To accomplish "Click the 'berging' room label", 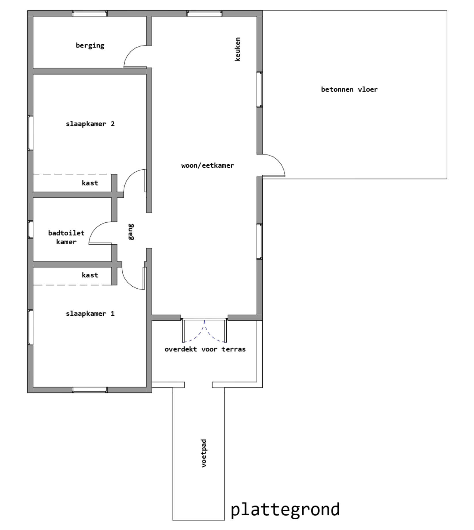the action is (x=90, y=46).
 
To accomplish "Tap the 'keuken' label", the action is (x=238, y=49).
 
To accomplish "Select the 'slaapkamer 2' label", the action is (x=90, y=124).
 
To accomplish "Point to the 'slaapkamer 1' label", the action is (x=90, y=314).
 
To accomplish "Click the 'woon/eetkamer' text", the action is (x=208, y=166).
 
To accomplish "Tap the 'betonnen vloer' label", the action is (x=349, y=89).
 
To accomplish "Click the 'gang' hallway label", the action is (x=131, y=232).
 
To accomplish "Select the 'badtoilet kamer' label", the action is (x=66, y=237).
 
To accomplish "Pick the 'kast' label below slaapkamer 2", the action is (x=90, y=183).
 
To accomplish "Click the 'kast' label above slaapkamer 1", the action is (x=90, y=275).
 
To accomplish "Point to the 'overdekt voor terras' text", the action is (x=205, y=349).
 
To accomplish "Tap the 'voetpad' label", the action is (x=204, y=453).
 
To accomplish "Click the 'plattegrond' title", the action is (x=285, y=510).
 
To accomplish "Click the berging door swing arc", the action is (x=130, y=52).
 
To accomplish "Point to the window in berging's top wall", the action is (x=90, y=13).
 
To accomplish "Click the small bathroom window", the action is (x=30, y=229).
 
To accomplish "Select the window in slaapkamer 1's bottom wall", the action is (x=90, y=390).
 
